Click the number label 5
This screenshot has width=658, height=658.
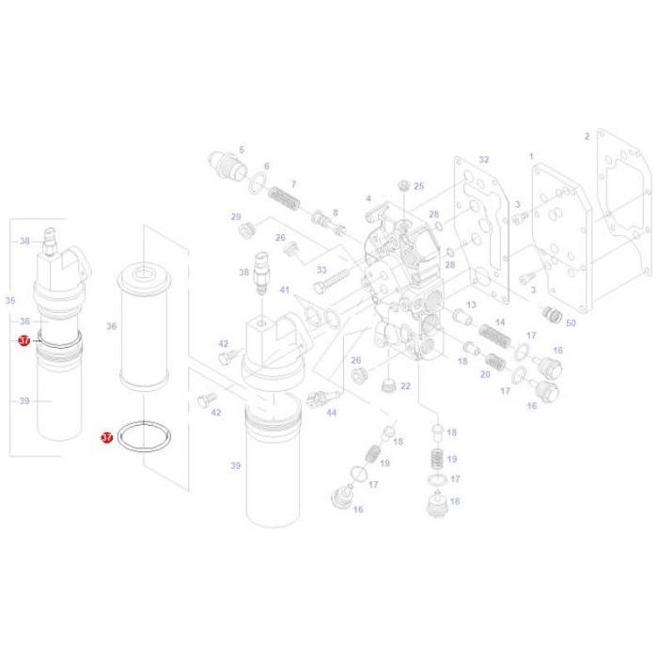click(x=241, y=149)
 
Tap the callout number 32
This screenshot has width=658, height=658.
click(x=484, y=160)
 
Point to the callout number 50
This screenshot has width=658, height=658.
click(x=570, y=322)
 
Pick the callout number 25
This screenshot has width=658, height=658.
click(x=419, y=186)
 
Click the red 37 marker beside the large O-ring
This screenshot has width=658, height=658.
click(x=106, y=437)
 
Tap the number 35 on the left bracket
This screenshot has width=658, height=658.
click(x=10, y=301)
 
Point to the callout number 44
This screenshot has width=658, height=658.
click(x=331, y=413)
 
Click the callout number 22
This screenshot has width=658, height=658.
click(x=405, y=385)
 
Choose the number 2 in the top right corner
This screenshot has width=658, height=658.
click(x=587, y=136)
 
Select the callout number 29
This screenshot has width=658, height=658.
click(x=237, y=217)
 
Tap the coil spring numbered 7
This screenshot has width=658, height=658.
click(x=282, y=199)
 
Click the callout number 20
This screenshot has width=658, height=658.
click(x=485, y=374)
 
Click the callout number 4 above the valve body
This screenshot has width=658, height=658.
click(x=368, y=198)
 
